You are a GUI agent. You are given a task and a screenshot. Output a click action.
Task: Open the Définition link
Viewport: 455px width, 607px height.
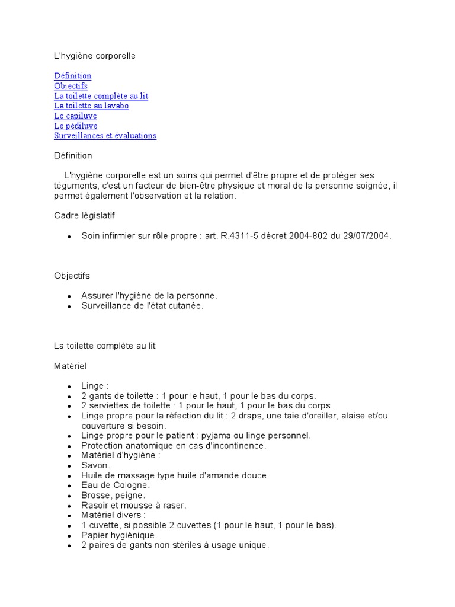point(73,76)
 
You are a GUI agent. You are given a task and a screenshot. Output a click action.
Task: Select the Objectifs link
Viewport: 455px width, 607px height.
point(71,86)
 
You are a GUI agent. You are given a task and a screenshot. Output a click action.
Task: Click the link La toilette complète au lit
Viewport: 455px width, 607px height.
point(101,96)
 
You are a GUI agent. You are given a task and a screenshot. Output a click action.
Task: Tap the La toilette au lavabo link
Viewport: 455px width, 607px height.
point(91,106)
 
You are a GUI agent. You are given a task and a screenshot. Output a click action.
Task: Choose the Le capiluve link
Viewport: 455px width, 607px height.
point(75,116)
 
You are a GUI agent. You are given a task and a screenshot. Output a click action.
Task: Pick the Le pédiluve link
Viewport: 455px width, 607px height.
point(76,126)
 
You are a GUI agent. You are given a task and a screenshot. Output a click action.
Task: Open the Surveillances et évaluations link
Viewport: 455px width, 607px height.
point(105,136)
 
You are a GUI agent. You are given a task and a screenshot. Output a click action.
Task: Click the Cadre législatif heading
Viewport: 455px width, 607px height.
point(89,216)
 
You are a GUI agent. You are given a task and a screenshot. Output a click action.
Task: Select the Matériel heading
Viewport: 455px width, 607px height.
point(70,367)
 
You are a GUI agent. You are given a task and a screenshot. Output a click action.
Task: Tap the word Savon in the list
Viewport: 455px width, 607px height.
point(95,465)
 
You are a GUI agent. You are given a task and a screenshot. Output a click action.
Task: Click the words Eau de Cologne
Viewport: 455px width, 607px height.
point(116,485)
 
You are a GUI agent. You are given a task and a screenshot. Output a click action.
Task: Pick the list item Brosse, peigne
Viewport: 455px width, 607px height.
point(113,495)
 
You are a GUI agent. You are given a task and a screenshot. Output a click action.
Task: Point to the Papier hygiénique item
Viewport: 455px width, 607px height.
point(119,535)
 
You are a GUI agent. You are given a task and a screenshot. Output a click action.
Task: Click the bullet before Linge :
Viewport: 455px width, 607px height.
point(69,386)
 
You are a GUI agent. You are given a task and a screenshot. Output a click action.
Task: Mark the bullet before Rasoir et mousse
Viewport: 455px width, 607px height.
point(69,506)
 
